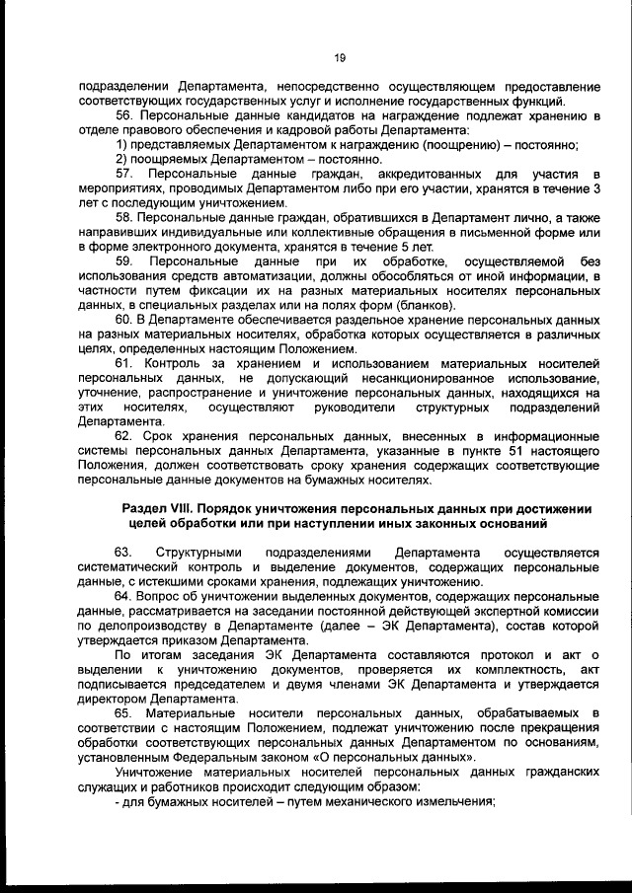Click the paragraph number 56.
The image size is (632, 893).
[x=124, y=115]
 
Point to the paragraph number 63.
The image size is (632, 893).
[x=124, y=553]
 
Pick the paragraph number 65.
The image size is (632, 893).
[x=124, y=712]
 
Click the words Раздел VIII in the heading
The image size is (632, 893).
[x=159, y=508]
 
